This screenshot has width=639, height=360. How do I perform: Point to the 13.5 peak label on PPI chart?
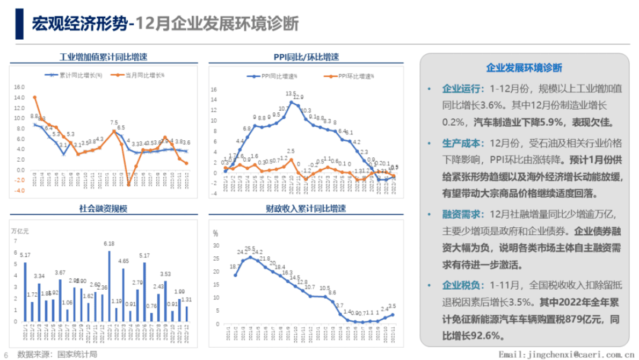tap(291, 93)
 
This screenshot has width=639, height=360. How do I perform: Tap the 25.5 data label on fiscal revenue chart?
tap(250, 249)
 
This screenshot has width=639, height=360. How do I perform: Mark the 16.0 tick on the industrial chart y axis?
tap(19, 87)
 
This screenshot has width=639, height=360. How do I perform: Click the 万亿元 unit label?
tap(20, 231)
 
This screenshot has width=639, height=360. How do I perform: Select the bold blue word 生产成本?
tap(463, 143)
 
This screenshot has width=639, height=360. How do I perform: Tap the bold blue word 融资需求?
tap(463, 214)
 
